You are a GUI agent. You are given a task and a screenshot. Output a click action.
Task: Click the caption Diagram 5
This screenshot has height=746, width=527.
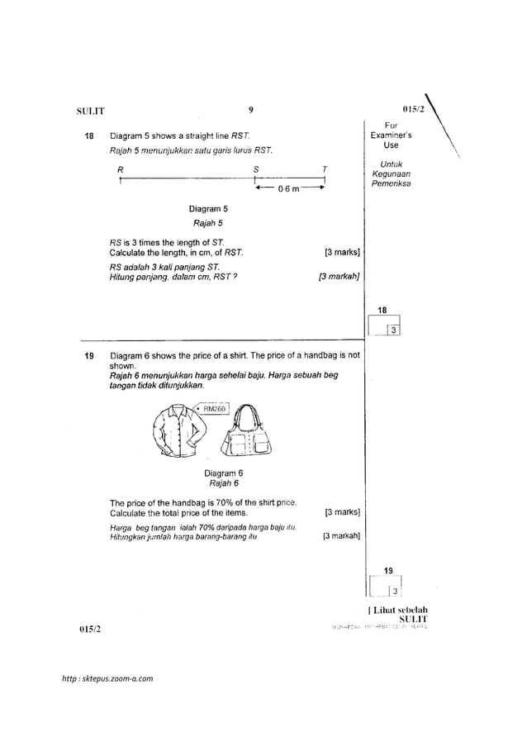point(207,209)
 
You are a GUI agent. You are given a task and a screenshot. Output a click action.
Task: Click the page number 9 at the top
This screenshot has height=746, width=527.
point(249,108)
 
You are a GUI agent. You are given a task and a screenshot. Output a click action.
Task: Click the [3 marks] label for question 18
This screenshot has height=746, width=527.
point(339,252)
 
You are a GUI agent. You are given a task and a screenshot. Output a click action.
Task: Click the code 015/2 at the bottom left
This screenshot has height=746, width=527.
point(88,630)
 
